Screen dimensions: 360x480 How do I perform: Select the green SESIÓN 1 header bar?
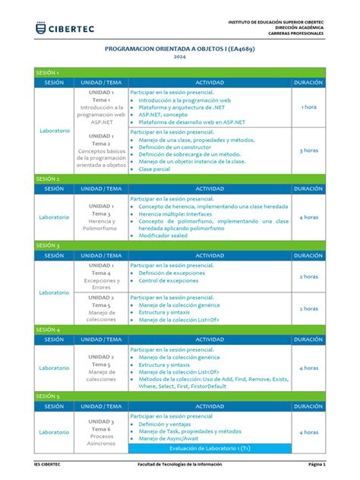tap(179, 72)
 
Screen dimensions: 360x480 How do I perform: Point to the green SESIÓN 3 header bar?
tap(179, 246)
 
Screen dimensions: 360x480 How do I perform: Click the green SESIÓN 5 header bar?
tap(179, 396)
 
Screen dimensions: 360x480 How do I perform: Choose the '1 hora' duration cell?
tap(308, 107)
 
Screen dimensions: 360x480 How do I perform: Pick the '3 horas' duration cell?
tap(308, 150)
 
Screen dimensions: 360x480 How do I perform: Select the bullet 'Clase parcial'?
tap(154, 169)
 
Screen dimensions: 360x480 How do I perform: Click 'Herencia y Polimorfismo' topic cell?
tap(101, 221)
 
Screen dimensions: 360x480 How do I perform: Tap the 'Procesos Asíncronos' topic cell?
tap(101, 441)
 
